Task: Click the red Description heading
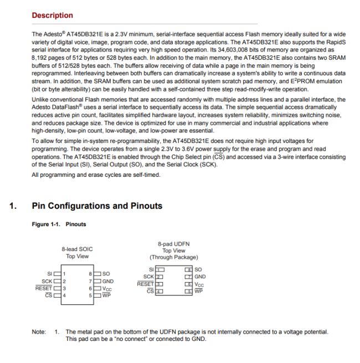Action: [52, 16]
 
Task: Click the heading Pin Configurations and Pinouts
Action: [97, 206]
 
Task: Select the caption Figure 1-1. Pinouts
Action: [60, 225]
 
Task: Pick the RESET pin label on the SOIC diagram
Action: [44, 288]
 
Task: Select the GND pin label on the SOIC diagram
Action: [109, 281]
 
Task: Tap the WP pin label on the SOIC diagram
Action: [106, 295]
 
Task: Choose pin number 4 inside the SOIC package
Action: [64, 295]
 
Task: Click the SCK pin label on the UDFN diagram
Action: [148, 276]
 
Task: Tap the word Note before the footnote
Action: [39, 332]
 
